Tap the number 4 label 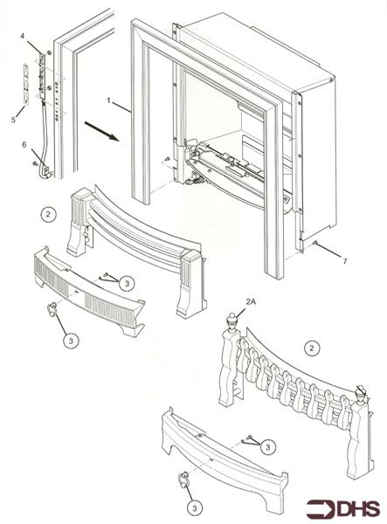tap(24, 35)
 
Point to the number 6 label tap(24, 144)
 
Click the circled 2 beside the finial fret tap(309, 348)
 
